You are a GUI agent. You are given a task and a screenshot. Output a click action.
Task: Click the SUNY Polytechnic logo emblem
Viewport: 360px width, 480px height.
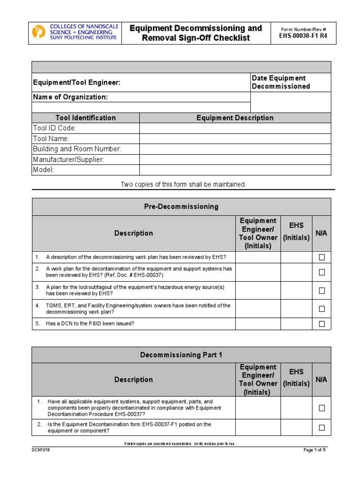pos(38,32)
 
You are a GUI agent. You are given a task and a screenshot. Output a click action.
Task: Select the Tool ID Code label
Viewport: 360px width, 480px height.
pos(54,128)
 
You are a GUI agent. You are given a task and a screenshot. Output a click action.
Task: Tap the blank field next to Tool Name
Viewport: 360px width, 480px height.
pos(235,139)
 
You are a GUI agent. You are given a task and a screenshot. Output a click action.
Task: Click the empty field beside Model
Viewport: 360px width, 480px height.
pos(235,170)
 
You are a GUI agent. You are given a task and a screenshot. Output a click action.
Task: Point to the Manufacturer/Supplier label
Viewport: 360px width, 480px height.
pos(68,159)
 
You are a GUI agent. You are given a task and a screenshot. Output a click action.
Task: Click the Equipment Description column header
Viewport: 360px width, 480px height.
pos(235,118)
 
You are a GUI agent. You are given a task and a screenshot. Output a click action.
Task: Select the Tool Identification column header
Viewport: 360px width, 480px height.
pos(85,118)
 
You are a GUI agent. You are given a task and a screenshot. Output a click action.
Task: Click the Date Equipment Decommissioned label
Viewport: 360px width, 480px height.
pos(281,82)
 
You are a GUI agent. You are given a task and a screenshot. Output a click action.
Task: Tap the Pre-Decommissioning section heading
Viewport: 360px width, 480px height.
pos(181,206)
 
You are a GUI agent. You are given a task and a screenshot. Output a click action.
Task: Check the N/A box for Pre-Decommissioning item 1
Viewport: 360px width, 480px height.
pos(322,257)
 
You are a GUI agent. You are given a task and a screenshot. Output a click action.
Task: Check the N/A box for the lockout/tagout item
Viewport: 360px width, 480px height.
pos(322,290)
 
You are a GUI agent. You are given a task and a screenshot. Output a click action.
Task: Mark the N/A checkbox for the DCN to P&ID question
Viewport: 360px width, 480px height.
pos(322,323)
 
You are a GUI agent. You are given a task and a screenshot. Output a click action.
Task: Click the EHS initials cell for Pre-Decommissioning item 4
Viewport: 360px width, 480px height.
pos(296,308)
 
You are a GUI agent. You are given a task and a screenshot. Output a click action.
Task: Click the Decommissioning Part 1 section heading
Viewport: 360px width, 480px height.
pos(181,355)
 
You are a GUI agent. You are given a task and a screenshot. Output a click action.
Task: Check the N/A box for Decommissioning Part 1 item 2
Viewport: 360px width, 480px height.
pos(322,427)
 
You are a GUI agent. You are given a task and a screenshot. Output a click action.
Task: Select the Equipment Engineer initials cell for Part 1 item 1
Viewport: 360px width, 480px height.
pos(258,408)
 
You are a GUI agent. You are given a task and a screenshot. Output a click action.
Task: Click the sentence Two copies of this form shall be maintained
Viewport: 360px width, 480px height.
pos(183,184)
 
